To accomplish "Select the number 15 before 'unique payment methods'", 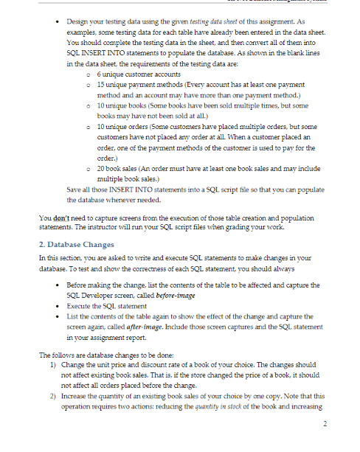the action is click(x=100, y=86).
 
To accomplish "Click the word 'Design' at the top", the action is click(x=78, y=22).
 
